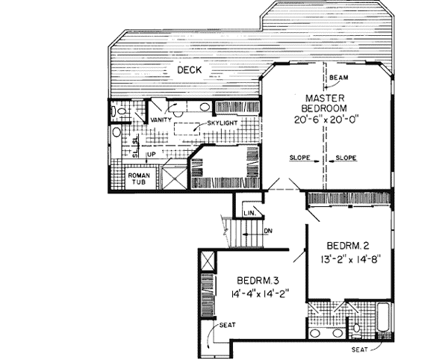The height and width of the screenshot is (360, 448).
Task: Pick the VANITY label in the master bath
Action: pos(161,120)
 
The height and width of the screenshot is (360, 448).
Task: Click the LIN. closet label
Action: pos(250,214)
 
